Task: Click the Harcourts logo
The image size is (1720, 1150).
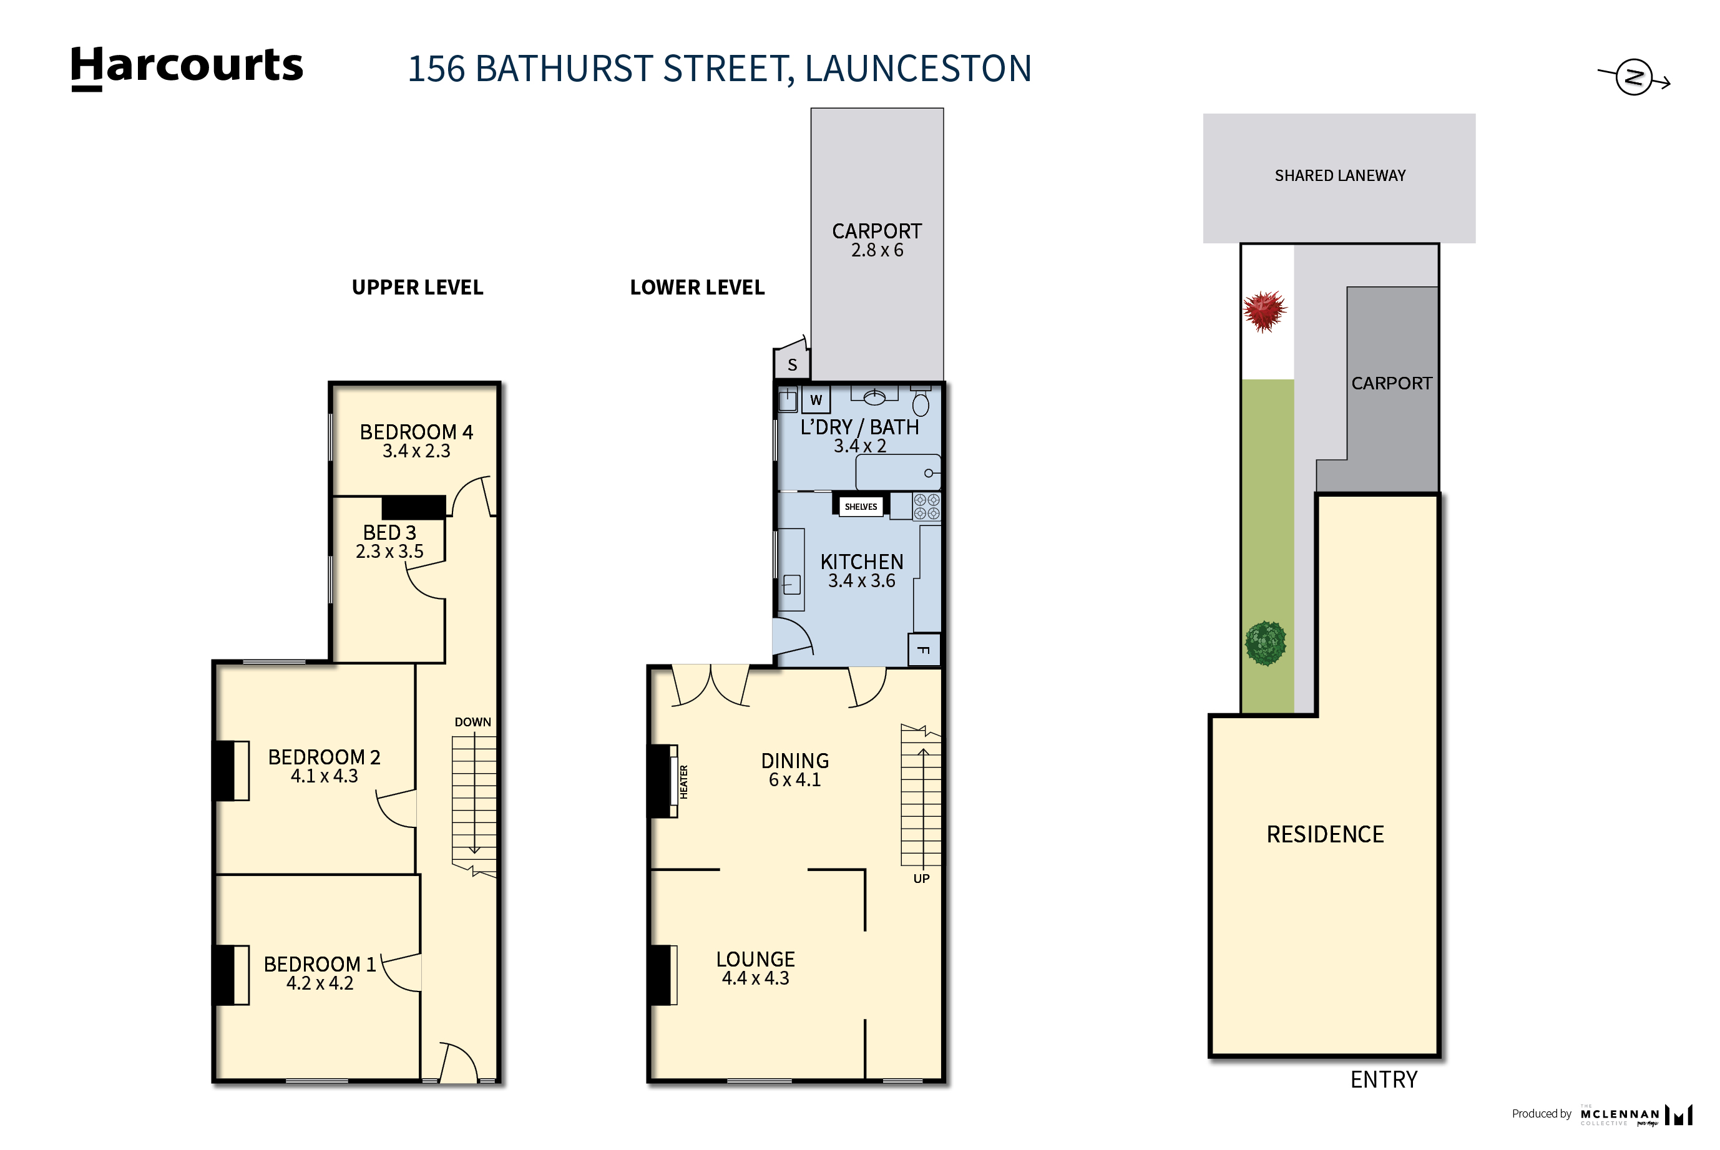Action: [187, 67]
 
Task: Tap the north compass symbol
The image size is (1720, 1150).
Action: [1633, 77]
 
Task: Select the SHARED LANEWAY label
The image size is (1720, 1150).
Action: [1339, 176]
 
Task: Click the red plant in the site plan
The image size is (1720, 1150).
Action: [1264, 310]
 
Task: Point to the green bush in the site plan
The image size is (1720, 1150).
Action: [1265, 643]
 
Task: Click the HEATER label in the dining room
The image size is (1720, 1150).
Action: [683, 782]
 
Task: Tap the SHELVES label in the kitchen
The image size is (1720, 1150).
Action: [861, 507]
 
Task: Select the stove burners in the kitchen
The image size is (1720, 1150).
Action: [926, 507]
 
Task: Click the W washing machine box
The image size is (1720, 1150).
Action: [816, 401]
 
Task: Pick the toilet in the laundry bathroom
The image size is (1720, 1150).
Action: [921, 402]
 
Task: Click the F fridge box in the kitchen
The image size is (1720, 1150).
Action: [924, 650]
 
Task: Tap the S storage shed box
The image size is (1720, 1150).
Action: [792, 364]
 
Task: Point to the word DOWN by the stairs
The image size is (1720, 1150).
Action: [472, 723]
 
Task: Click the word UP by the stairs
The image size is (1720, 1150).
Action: [921, 879]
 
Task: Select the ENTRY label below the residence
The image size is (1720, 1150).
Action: [1384, 1079]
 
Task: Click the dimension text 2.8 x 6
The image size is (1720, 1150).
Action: [876, 251]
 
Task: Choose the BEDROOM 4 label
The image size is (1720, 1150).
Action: [416, 432]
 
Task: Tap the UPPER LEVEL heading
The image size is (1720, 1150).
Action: [418, 288]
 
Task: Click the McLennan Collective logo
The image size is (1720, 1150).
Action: [1636, 1115]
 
